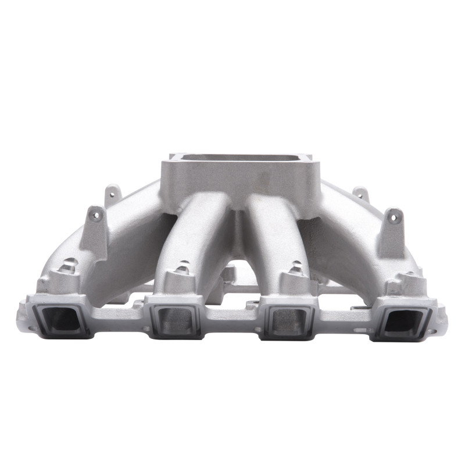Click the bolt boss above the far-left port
click(68, 269)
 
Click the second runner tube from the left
click(195, 233)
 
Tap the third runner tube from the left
click(270, 233)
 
